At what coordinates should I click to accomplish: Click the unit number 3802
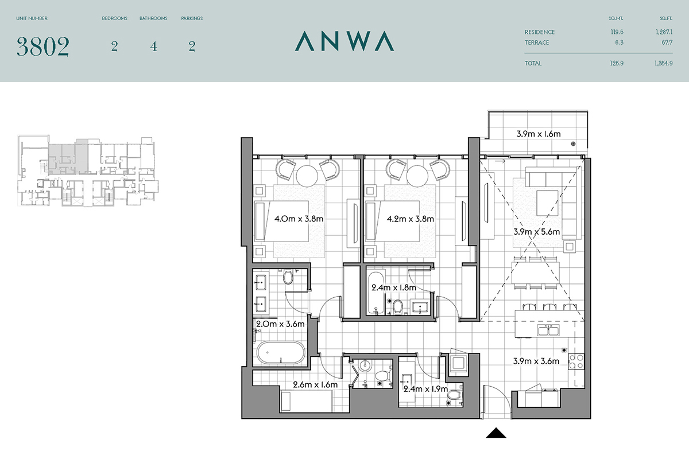[42, 46]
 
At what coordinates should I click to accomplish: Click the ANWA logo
[344, 41]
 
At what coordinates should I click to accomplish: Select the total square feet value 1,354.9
[664, 63]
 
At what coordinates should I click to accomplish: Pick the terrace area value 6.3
[619, 42]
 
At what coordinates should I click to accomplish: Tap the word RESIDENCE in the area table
[540, 32]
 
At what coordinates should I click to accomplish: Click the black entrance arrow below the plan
[496, 433]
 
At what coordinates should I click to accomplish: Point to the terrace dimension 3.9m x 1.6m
[539, 134]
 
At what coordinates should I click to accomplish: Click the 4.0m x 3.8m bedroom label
[299, 219]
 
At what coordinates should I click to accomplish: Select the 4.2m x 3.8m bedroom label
[410, 219]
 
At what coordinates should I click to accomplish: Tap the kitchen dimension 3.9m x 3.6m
[536, 361]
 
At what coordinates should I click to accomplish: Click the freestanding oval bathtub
[281, 353]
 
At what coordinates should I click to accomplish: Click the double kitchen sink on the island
[548, 330]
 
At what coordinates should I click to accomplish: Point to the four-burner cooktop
[576, 361]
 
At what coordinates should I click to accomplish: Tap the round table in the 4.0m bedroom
[307, 176]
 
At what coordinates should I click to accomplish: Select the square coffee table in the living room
[547, 203]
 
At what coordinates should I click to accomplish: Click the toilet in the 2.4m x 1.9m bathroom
[452, 395]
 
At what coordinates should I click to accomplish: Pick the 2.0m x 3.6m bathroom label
[280, 324]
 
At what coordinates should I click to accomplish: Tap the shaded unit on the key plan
[68, 160]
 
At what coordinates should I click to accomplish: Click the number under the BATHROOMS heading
[153, 46]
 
